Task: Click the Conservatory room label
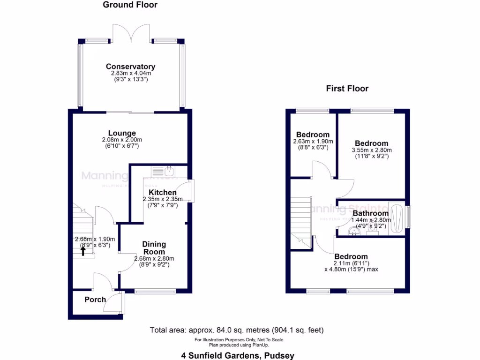coord(130,67)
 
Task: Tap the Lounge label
coord(122,133)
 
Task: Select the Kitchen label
coord(163,193)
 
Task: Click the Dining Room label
coord(154,248)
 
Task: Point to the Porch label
coord(95,300)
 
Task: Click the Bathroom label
coord(370,213)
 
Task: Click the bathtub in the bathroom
coord(397,218)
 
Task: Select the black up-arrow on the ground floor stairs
coord(83,251)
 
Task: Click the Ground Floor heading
coord(130,5)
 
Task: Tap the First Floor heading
coord(347,89)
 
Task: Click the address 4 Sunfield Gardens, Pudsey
coord(238,355)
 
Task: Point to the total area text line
coord(237,330)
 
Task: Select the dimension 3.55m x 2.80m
coord(371,150)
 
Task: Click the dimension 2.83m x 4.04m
coord(130,74)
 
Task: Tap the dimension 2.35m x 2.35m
coord(163,199)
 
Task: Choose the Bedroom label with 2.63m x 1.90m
coord(311,135)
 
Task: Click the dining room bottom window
coord(155,291)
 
